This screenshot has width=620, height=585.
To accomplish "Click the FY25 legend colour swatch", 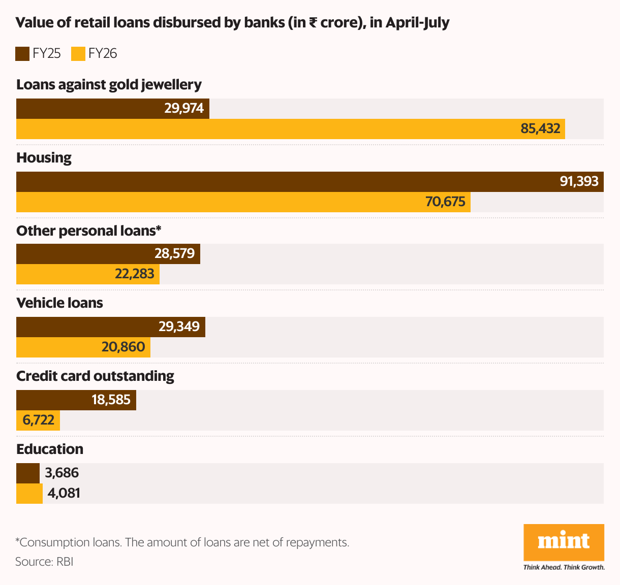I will [22, 54].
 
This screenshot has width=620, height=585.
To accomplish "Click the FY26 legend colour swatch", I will [78, 54].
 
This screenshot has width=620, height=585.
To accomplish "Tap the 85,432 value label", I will [540, 128].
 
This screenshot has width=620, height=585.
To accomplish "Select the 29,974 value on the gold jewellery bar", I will [184, 108].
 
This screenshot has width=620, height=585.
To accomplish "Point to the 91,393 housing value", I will [579, 181].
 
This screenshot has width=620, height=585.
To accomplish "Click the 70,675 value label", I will [445, 202].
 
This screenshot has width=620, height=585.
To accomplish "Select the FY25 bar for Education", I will [27, 473].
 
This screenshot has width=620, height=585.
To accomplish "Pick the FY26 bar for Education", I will [29, 493].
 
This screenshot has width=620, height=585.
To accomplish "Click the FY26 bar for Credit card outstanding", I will [38, 420].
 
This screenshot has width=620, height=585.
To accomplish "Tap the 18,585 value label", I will [111, 400].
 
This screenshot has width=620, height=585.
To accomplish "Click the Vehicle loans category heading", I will [59, 303].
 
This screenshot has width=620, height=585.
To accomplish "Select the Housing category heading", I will [44, 157].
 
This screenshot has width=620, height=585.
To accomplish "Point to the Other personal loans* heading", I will [88, 231].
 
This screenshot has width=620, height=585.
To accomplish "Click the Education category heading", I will [50, 449].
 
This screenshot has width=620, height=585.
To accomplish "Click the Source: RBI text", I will [44, 562].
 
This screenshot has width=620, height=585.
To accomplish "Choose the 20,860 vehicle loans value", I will [123, 347].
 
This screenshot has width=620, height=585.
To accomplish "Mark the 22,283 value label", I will [134, 274].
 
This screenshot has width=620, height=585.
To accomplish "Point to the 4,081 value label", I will [64, 493].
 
